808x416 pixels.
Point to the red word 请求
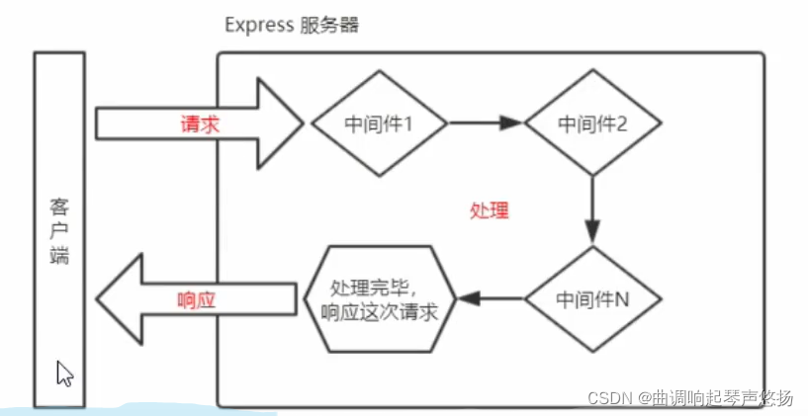199,125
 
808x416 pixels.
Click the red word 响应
195,297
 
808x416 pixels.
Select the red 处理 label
490,211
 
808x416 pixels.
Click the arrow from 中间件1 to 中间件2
485,125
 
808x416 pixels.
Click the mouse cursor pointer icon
64,374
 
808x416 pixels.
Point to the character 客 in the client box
58,209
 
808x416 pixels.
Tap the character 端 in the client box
58,256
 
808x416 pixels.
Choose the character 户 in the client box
58,233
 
